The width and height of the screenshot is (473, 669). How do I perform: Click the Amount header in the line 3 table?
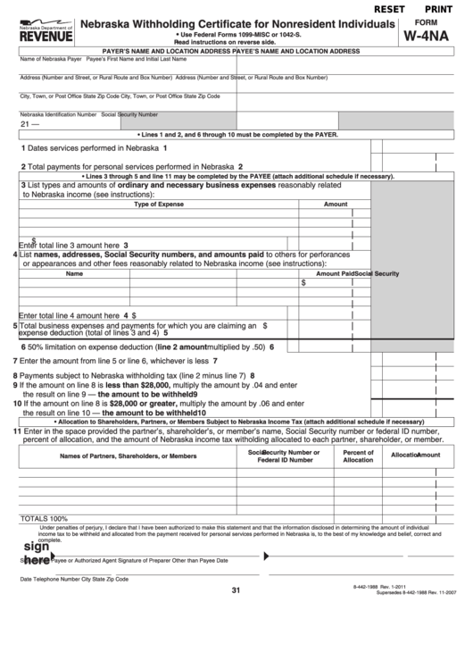335,205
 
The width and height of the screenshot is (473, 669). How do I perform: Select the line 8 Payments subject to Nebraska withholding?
134,375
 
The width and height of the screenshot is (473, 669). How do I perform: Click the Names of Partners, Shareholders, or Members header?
128,456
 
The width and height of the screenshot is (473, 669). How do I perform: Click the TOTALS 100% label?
44,518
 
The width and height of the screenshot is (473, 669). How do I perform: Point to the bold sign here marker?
36,553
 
